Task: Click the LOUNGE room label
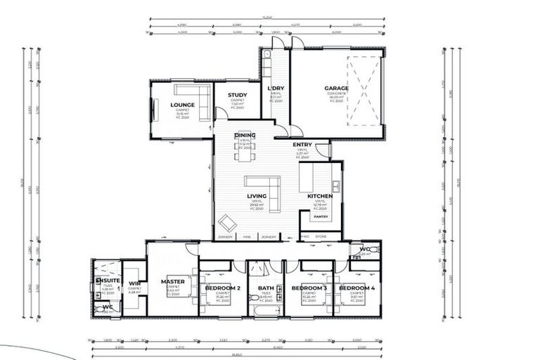tap(182, 105)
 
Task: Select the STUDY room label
tap(237, 95)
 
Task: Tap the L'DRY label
tap(276, 89)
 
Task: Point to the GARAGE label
tap(336, 89)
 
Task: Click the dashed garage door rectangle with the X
tap(364, 91)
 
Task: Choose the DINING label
tap(245, 135)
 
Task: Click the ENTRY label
tap(302, 145)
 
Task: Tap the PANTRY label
tap(321, 217)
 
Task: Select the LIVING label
tap(256, 196)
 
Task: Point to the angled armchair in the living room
tap(227, 224)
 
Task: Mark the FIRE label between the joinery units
tap(247, 237)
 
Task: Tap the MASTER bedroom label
tap(172, 281)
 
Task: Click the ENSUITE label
tap(107, 280)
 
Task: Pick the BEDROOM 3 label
tap(309, 288)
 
